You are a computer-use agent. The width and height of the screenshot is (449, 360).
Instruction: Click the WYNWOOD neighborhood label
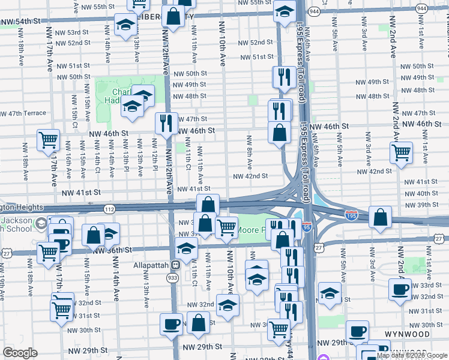[408, 334]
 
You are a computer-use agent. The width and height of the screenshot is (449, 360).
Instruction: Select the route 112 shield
[109, 209]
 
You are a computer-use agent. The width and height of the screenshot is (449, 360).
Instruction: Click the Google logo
[20, 353]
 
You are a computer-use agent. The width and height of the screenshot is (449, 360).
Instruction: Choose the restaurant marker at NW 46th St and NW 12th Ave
[166, 123]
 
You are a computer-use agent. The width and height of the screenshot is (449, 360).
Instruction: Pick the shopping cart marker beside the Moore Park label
[226, 227]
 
